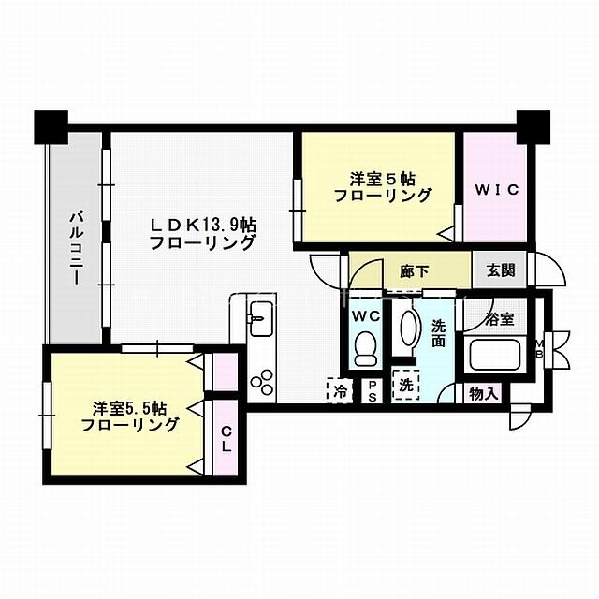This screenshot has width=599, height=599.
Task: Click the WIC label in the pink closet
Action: [x=495, y=190]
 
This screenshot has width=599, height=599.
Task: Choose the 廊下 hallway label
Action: [x=415, y=271]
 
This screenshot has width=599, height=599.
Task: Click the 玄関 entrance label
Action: [x=501, y=271]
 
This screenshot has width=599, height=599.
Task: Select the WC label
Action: [x=366, y=316]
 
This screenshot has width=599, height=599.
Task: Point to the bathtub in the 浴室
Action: [x=497, y=358]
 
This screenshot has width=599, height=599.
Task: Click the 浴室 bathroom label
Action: [x=500, y=319]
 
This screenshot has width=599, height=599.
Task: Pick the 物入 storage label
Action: [x=483, y=394]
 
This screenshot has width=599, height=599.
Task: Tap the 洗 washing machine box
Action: [x=406, y=385]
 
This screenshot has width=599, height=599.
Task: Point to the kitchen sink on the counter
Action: [x=258, y=318]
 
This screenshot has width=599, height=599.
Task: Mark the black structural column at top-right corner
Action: [x=534, y=125]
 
